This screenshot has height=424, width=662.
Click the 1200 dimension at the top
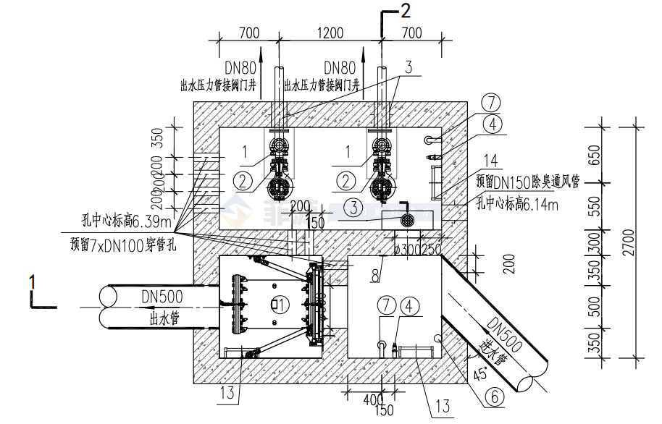[330, 33]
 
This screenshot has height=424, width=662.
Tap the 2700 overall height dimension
[628, 237]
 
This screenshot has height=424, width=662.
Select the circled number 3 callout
[352, 208]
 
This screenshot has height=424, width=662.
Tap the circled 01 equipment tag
[275, 303]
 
